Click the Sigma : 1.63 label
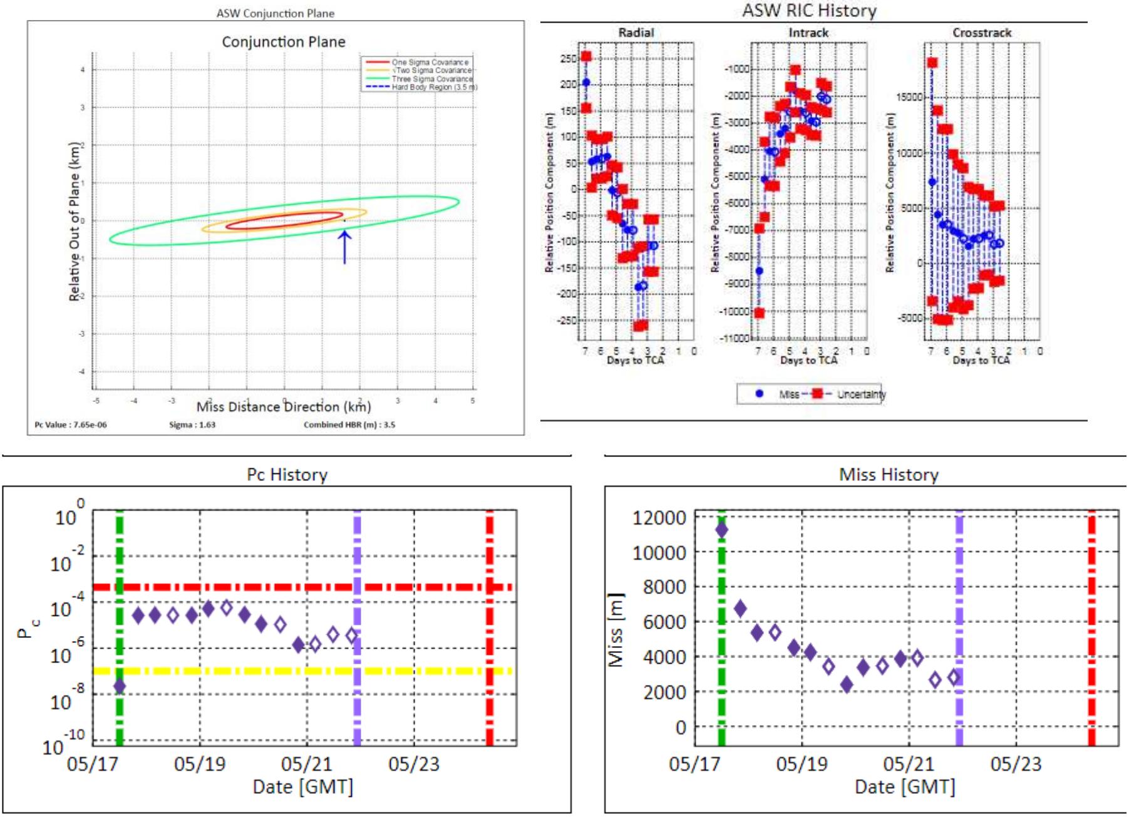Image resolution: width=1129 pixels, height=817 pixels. [192, 425]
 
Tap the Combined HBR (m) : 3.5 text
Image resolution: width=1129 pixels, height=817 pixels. [349, 425]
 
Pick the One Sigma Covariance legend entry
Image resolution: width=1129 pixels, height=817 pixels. [430, 62]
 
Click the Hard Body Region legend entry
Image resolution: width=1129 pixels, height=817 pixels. [434, 87]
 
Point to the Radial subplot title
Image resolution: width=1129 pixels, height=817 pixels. [636, 33]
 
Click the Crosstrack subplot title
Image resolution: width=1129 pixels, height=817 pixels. [981, 33]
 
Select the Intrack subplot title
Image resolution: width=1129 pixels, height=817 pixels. [808, 33]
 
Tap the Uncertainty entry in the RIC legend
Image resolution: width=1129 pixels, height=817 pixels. [861, 394]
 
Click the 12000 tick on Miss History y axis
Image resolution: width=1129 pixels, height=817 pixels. [659, 518]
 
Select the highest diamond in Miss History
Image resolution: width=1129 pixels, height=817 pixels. [721, 530]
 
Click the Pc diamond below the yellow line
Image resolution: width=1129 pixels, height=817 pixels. [119, 686]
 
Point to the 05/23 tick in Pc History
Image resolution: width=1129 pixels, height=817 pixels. [413, 764]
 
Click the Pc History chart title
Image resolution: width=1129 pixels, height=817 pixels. [287, 475]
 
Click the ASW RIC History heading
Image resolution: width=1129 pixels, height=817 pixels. [809, 11]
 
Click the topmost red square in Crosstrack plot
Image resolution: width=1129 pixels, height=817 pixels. [932, 63]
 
